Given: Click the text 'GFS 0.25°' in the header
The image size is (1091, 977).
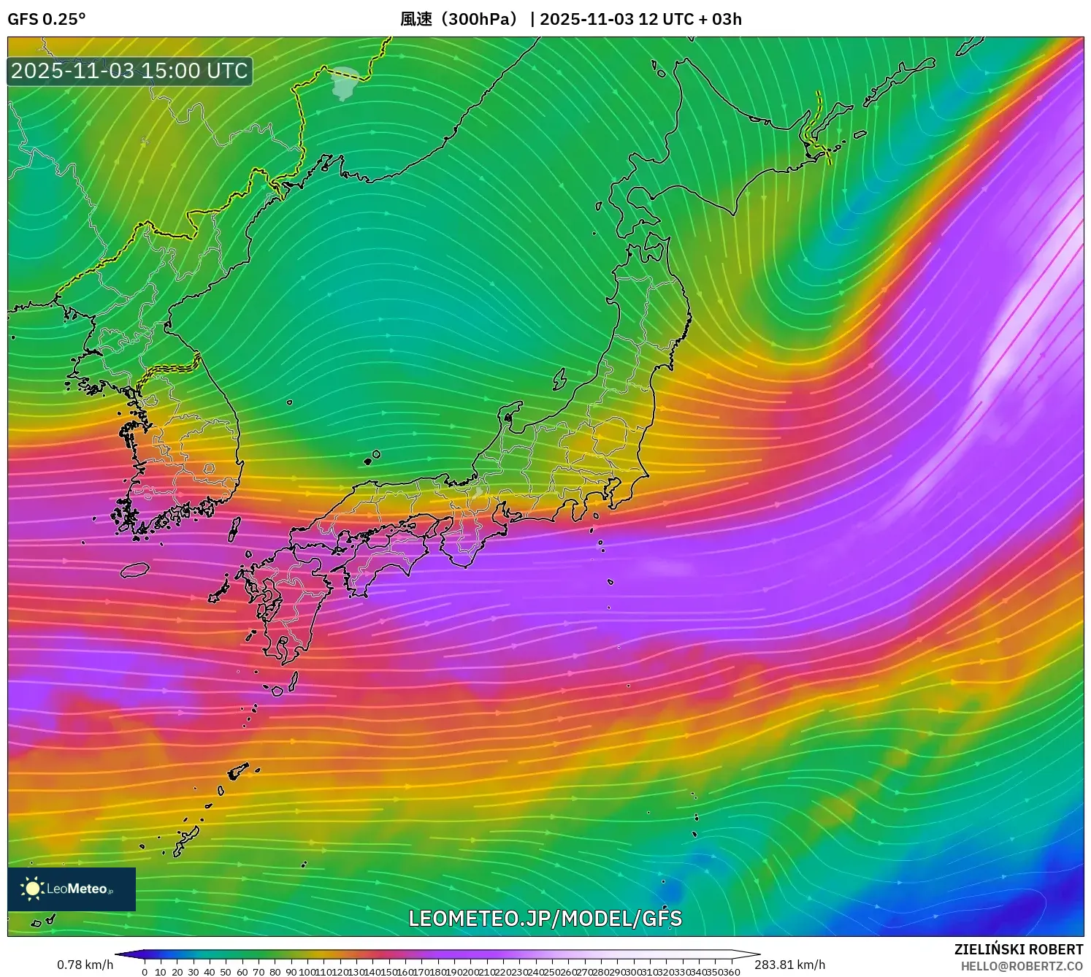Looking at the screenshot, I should pos(46,19).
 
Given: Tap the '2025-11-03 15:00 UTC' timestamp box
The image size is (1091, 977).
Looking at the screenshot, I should pos(130,71).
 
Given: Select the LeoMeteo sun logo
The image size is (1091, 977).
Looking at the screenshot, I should pos(32,888).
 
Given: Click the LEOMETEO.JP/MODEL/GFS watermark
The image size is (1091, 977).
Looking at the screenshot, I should pos(545,919).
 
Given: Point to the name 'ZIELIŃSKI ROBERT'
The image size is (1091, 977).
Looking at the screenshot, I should pos(1018,949).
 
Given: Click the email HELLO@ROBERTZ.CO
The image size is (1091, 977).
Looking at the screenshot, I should pos(1021,966).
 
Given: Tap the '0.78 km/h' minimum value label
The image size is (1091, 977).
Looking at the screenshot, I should pos(85,965).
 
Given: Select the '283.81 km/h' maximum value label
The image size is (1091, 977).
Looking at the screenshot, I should pos(789,965).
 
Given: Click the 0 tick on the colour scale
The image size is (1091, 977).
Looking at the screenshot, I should pos(145,971).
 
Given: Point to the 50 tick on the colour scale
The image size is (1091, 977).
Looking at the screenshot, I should pos(226,971).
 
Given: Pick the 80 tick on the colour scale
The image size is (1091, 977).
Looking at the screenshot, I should pos(275,971).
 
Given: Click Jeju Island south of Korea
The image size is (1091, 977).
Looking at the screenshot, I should pos(135,570).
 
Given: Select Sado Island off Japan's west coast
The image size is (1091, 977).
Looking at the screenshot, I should pos(559,379).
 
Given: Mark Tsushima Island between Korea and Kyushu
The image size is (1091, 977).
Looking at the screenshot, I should pos(234,528).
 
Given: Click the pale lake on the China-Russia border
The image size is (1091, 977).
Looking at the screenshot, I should pos(345,83).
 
